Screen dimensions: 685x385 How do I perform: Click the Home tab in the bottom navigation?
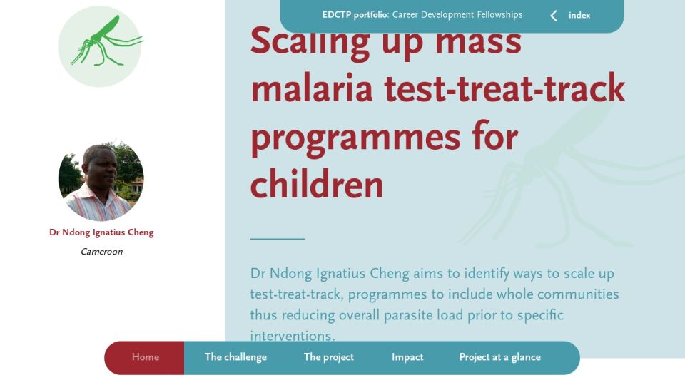click(145, 357)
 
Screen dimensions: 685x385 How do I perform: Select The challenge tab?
click(235, 357)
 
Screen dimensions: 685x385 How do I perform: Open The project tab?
click(328, 357)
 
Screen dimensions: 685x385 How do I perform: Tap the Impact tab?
click(407, 357)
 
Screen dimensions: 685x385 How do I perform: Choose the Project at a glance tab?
click(499, 357)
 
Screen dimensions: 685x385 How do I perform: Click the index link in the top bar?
click(579, 15)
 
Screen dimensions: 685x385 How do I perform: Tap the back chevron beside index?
click(554, 16)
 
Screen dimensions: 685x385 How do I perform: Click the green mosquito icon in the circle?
click(107, 42)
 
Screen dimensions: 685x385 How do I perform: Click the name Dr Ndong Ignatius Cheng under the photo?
click(101, 232)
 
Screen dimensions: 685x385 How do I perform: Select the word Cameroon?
click(101, 252)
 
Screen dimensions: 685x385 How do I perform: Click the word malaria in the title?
click(312, 88)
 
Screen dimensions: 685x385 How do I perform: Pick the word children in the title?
click(317, 184)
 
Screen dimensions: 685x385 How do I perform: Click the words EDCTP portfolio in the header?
click(355, 15)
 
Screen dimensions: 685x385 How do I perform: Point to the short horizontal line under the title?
click(278, 239)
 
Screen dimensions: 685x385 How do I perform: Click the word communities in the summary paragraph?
click(578, 294)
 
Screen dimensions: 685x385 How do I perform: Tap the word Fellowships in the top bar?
click(499, 15)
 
